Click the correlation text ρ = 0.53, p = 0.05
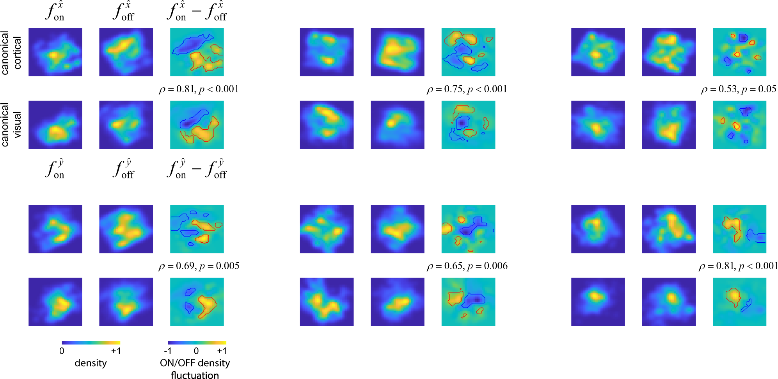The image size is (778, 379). pos(738,89)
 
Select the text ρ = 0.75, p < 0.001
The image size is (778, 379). pos(467,89)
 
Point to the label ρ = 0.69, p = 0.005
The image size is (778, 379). pos(199,266)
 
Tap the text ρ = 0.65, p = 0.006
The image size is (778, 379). pos(467,266)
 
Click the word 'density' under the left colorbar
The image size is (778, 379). pos(91,363)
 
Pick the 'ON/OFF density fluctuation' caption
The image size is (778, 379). pos(195,368)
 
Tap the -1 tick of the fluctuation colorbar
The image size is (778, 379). pos(168,351)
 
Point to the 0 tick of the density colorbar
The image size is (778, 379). pos(62,351)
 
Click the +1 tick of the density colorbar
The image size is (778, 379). pos(116,351)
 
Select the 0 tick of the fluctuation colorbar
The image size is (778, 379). pos(196,351)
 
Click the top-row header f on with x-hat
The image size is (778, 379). pos(55,12)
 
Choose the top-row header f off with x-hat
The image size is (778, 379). pos(124,12)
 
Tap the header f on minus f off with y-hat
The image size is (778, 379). pos(197,169)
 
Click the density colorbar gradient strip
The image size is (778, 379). pos(91,343)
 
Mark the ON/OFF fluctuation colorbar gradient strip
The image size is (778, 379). pos(197,343)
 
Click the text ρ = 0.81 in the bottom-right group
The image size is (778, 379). pos(738,266)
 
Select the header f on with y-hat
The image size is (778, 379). pos(55,169)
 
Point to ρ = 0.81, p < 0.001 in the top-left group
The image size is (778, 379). pos(199,89)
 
